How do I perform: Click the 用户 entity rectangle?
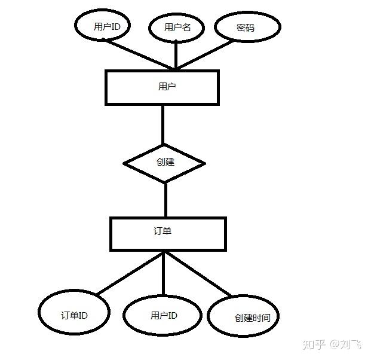click(162, 87)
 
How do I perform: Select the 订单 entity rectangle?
click(168, 233)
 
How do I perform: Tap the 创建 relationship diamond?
click(164, 163)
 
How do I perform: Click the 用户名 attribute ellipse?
click(177, 28)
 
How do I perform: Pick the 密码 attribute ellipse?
click(247, 28)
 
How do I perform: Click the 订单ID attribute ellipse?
click(74, 314)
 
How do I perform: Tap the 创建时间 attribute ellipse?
click(243, 318)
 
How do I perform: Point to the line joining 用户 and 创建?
click(162, 124)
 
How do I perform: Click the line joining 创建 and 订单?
click(165, 200)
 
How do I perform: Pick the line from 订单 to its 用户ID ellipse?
click(164, 275)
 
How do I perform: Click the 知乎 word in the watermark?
click(314, 344)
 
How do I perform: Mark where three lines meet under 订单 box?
click(164, 252)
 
